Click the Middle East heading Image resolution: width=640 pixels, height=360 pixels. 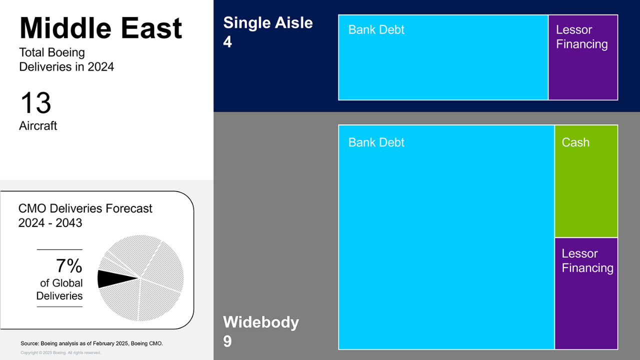tap(100, 28)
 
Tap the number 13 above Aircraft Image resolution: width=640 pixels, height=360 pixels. tap(36, 102)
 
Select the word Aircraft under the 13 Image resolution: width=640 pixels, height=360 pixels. tap(38, 125)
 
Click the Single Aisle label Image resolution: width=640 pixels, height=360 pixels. tap(268, 22)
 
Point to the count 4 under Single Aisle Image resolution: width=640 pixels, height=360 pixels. tap(227, 41)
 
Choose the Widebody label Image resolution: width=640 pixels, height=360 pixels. tap(261, 322)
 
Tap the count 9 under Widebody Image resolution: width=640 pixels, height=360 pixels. tap(227, 341)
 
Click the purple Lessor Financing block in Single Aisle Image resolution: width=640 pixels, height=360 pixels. tap(583, 57)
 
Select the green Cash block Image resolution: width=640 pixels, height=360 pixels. tap(586, 181)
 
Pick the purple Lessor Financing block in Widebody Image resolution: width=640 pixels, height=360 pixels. tap(586, 293)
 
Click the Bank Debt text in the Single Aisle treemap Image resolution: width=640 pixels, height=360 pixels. tap(376, 29)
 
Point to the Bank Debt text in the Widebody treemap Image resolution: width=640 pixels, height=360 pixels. tap(376, 142)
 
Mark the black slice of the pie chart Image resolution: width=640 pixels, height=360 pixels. tap(114, 278)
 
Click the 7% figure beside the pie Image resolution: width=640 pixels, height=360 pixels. tap(69, 265)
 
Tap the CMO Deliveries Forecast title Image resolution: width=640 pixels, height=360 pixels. tap(85, 208)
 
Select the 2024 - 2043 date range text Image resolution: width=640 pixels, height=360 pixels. tap(50, 223)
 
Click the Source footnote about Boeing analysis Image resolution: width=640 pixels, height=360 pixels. tap(91, 343)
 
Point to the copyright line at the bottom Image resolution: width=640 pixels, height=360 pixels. tap(60, 353)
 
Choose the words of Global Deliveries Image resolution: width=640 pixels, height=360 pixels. tap(59, 289)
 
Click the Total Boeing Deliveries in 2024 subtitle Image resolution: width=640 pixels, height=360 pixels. tap(66, 59)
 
